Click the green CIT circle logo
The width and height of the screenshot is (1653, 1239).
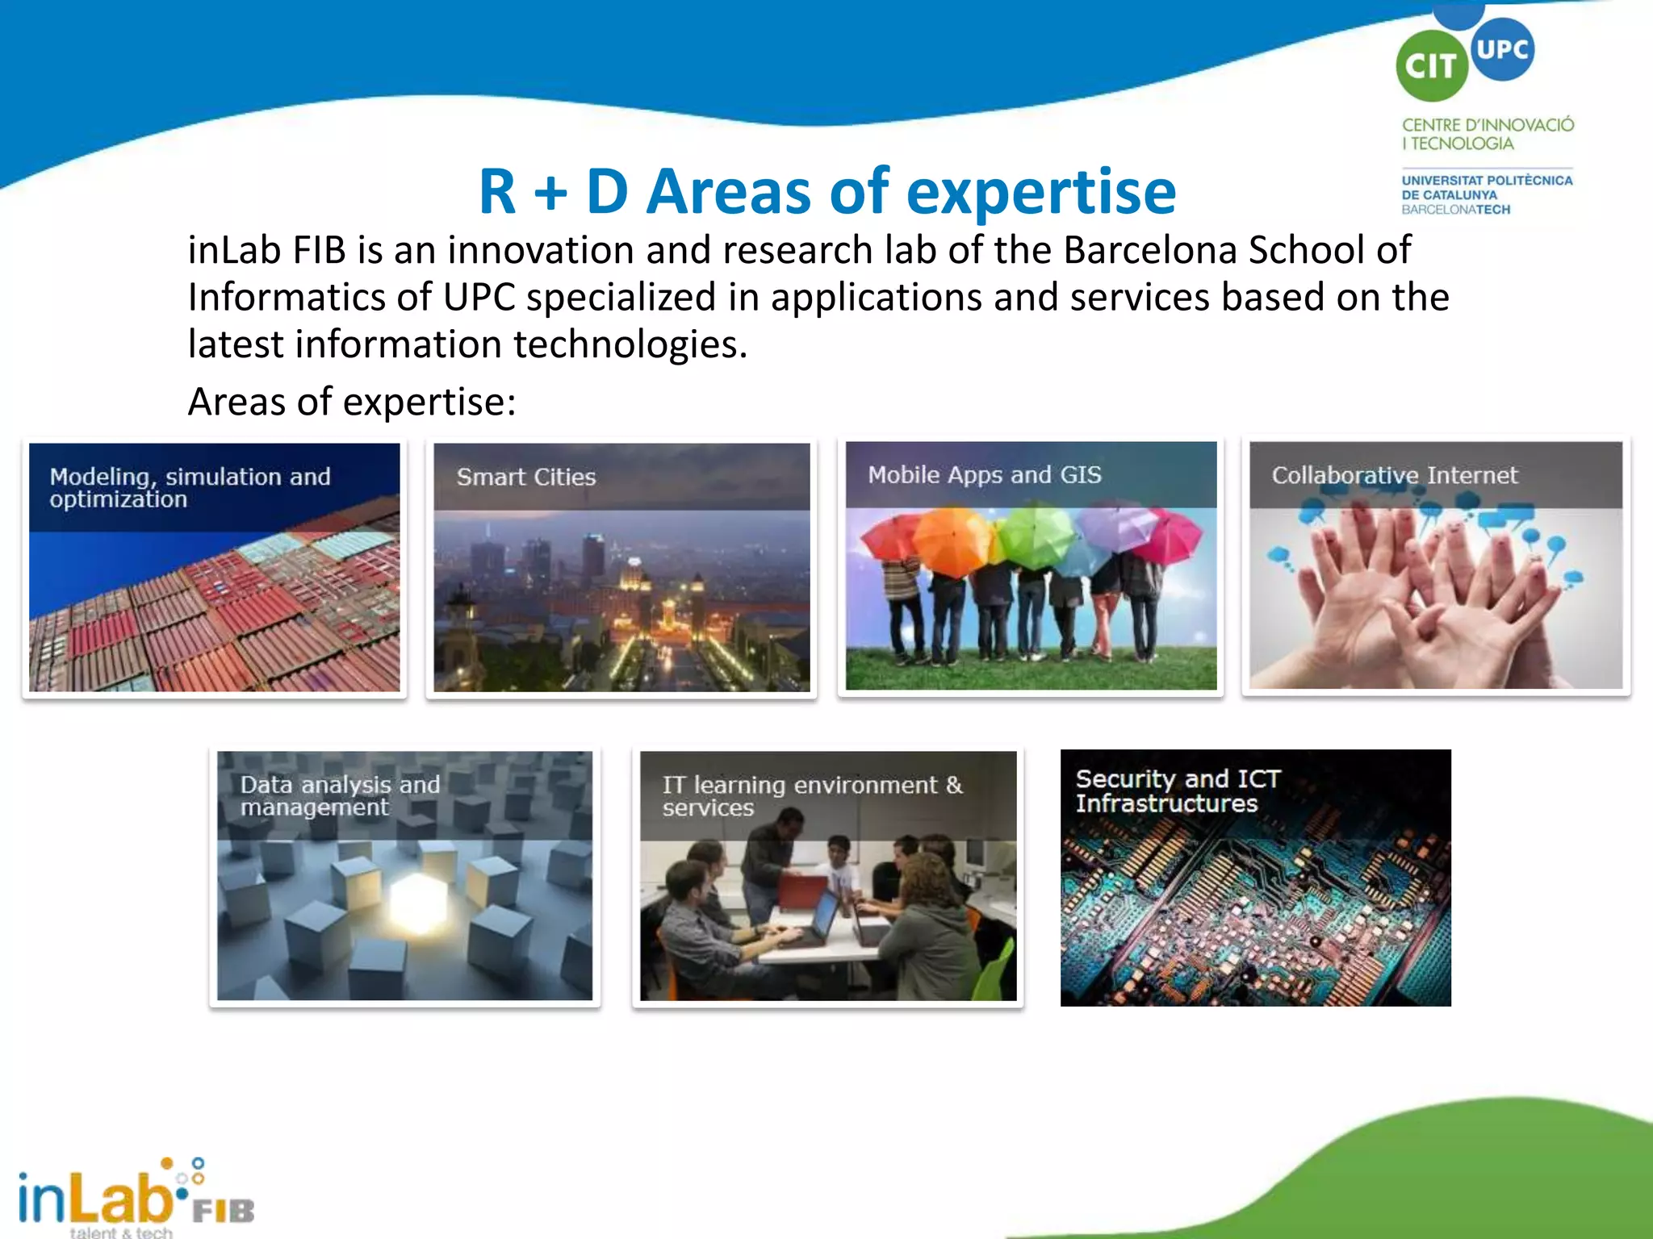tap(1431, 66)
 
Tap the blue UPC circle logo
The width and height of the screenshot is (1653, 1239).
tap(1502, 49)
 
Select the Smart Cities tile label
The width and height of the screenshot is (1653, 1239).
tap(526, 477)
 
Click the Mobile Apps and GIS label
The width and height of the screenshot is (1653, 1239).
tap(984, 474)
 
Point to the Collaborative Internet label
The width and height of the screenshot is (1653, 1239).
tap(1394, 475)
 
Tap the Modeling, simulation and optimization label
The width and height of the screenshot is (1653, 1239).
tap(190, 487)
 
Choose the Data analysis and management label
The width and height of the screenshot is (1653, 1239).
tap(339, 795)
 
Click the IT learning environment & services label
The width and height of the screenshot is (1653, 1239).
tap(812, 795)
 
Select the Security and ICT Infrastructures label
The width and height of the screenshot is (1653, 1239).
tap(1178, 791)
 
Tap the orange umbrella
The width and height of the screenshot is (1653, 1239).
tap(952, 542)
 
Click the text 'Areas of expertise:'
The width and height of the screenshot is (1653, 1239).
tap(352, 402)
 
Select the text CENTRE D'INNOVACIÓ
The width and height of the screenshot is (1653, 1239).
tap(1488, 125)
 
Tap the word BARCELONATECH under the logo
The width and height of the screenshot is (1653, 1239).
tap(1455, 210)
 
